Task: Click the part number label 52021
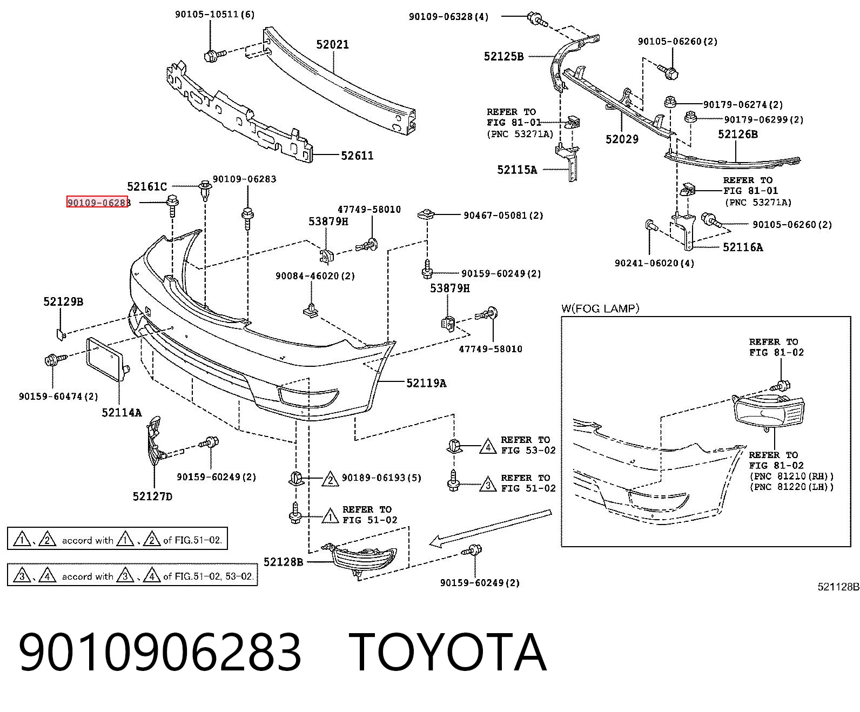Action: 332,44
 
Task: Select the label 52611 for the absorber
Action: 357,156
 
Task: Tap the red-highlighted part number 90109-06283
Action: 98,203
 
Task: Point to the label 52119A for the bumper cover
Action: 426,383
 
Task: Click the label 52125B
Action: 503,56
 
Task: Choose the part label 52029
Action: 622,139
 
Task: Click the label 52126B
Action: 738,135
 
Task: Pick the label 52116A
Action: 743,247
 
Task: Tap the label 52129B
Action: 63,302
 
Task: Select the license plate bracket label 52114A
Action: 122,412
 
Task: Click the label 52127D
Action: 152,496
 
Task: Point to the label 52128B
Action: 284,562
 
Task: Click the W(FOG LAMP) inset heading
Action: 600,308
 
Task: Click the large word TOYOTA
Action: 448,653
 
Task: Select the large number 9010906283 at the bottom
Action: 160,653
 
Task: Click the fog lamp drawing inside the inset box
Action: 769,413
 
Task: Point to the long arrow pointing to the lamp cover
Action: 490,529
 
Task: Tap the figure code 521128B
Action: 838,587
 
